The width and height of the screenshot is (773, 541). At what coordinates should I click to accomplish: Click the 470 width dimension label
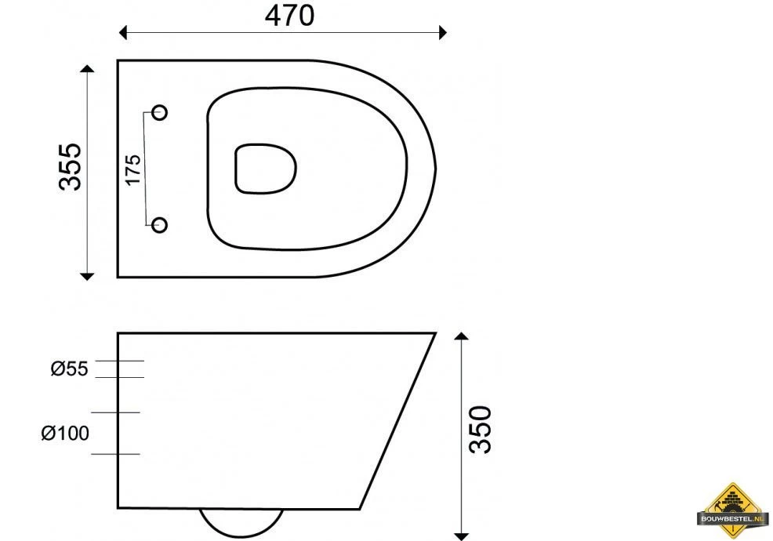point(289,15)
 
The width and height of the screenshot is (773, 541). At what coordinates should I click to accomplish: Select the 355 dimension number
point(70,167)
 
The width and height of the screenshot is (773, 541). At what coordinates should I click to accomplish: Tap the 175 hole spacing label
point(133,169)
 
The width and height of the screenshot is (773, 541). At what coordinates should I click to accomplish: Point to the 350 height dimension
point(480,429)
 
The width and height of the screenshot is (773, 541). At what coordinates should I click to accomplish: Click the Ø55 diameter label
point(69,369)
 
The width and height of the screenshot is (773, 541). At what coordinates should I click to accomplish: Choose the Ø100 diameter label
point(65,433)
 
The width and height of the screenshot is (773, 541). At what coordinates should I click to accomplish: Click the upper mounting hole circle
point(159,112)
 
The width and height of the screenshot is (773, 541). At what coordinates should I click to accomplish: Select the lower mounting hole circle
point(159,225)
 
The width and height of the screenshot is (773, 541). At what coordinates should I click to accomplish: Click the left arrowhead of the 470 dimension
point(123,33)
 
